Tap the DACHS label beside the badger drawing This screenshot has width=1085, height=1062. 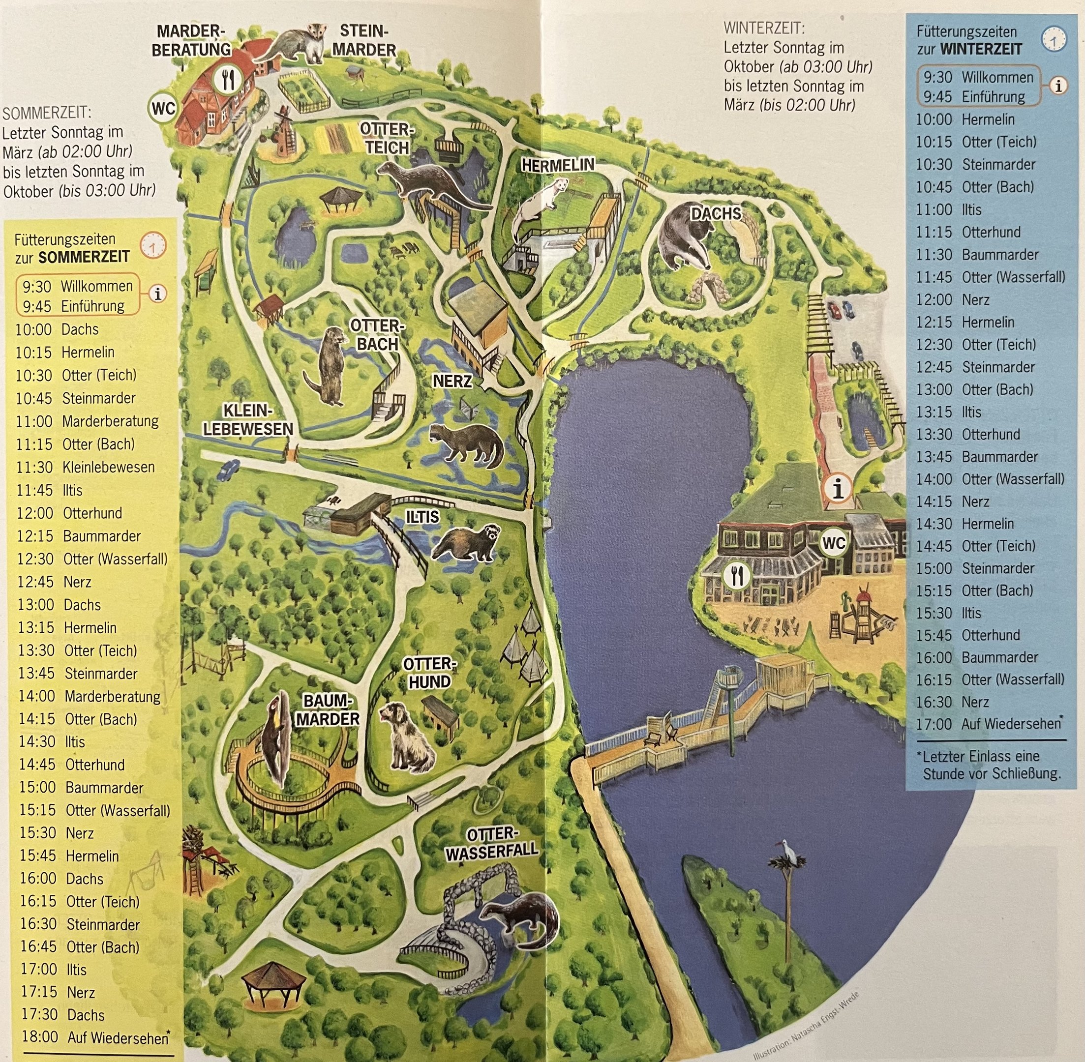click(716, 213)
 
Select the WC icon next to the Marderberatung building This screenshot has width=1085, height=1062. click(163, 108)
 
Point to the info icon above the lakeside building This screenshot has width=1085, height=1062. click(837, 489)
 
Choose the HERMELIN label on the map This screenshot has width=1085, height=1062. click(558, 165)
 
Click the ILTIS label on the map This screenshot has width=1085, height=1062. click(422, 517)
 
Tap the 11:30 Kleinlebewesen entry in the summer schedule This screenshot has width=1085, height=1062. click(86, 468)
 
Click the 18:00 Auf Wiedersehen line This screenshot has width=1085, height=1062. click(95, 1037)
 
